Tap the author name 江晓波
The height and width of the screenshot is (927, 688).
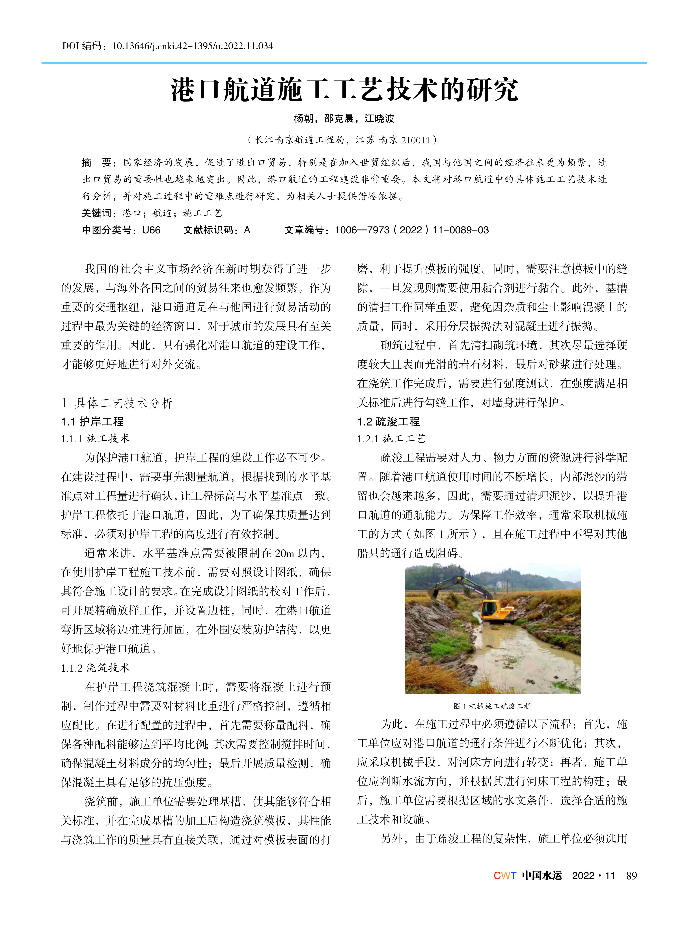[x=379, y=119]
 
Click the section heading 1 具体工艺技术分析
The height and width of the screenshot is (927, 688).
[x=117, y=403]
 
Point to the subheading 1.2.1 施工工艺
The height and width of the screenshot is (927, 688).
[x=391, y=439]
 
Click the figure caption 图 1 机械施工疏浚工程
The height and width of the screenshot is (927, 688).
[x=492, y=706]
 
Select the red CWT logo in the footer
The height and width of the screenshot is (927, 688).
[x=505, y=876]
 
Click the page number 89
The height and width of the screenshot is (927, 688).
[x=631, y=876]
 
